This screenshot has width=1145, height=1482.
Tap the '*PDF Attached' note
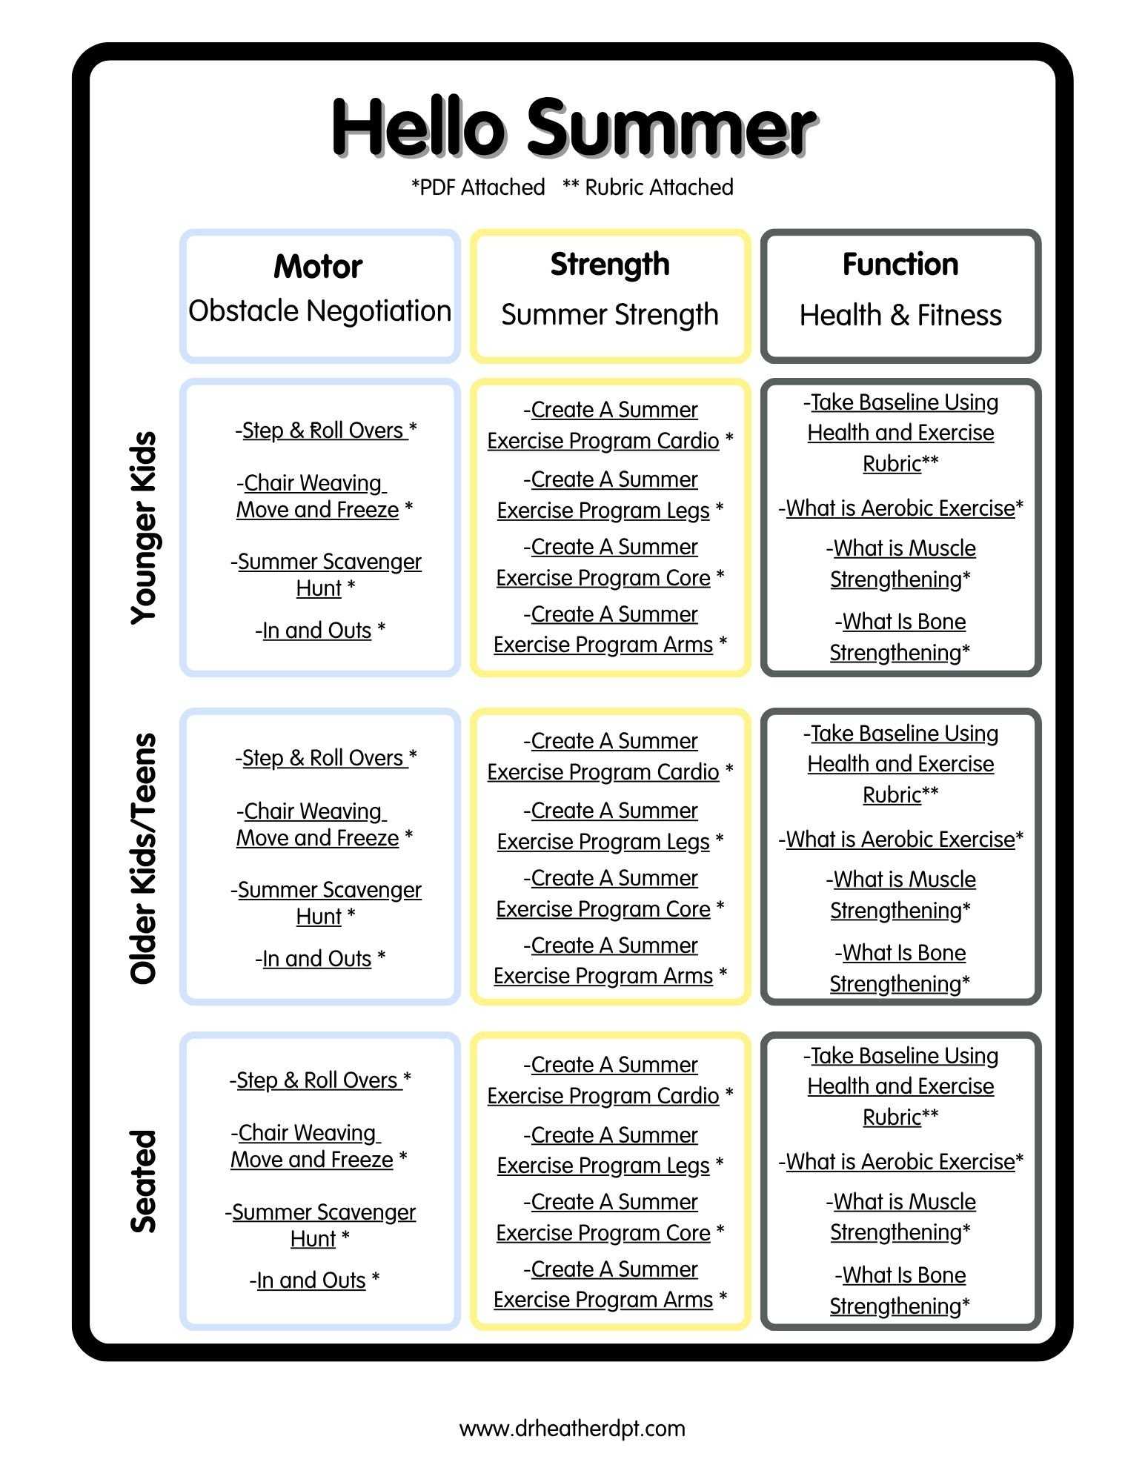coord(478,187)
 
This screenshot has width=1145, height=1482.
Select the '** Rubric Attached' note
coord(648,187)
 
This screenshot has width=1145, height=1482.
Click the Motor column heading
coord(318,266)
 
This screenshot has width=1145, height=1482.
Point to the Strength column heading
coord(610,265)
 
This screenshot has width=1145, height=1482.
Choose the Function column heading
coord(900,264)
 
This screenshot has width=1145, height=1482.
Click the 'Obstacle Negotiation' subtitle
coord(319,310)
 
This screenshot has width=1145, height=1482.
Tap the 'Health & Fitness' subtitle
coord(900,315)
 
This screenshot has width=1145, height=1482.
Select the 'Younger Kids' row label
coord(144,528)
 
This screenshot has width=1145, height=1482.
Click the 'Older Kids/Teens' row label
coord(144,859)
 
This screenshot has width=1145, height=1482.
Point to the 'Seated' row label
coord(144,1181)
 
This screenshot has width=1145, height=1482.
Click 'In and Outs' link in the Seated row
coord(314,1280)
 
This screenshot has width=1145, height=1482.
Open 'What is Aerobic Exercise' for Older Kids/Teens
coord(900,839)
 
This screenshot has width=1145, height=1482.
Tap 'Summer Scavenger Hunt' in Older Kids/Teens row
coord(326,903)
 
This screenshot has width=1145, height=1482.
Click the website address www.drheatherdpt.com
coord(572,1428)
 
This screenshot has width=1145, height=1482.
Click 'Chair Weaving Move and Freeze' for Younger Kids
coord(325,496)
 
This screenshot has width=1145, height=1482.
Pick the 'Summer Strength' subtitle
coord(610,314)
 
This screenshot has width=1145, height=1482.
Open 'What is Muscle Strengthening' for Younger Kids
coord(900,563)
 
